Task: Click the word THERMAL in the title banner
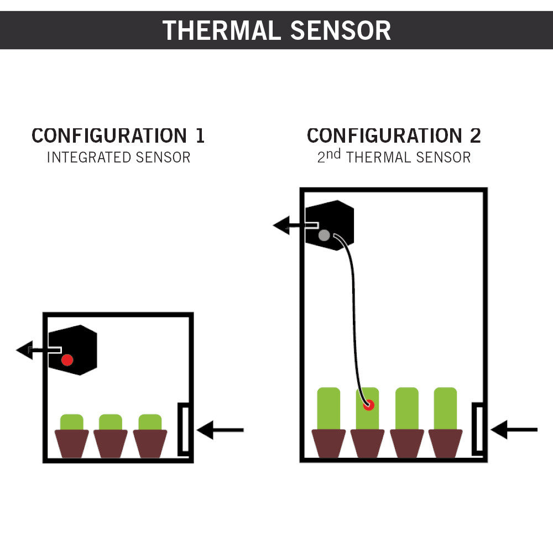(222, 30)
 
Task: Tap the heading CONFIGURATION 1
(118, 135)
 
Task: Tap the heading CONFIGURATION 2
(394, 135)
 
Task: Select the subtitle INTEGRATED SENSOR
(118, 158)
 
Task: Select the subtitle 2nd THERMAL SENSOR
(394, 157)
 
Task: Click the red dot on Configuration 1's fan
(67, 360)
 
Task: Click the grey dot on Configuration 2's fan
(325, 236)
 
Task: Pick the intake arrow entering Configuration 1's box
(220, 430)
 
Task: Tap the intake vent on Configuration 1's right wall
(184, 430)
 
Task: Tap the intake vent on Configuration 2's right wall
(478, 430)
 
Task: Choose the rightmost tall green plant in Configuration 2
(445, 408)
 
